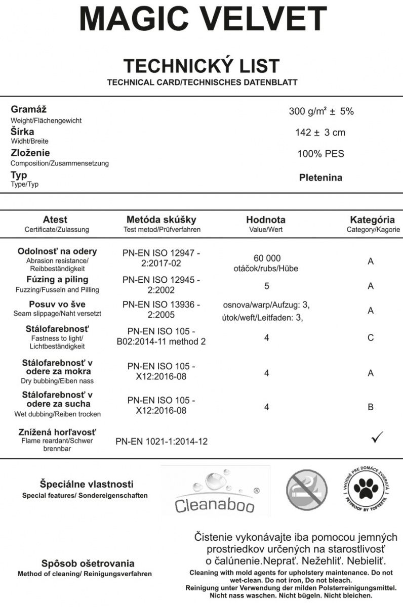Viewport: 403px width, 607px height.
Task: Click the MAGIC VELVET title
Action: point(202,20)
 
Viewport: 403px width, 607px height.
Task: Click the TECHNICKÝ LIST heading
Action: point(201,66)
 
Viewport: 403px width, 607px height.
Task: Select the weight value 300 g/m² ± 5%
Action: point(321,112)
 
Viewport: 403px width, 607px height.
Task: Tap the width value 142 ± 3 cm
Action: point(320,133)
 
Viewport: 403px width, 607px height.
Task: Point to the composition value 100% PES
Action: point(320,154)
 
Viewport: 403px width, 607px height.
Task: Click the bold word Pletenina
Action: point(320,178)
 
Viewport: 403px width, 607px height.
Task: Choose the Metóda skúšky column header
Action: point(162,220)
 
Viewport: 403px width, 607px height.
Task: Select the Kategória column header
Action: point(372,220)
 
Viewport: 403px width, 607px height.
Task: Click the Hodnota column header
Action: point(266,220)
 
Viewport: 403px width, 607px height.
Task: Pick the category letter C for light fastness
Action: point(371,337)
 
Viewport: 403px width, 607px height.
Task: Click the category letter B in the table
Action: point(371,407)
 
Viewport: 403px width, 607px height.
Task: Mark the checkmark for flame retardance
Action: point(377,438)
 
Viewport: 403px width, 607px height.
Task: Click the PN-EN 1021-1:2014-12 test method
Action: point(162,442)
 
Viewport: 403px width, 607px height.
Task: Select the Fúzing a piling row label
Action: point(57,280)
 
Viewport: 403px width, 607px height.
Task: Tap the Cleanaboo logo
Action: point(216,491)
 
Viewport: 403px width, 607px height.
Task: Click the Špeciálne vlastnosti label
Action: point(87,484)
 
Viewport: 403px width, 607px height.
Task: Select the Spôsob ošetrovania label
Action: point(88,563)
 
